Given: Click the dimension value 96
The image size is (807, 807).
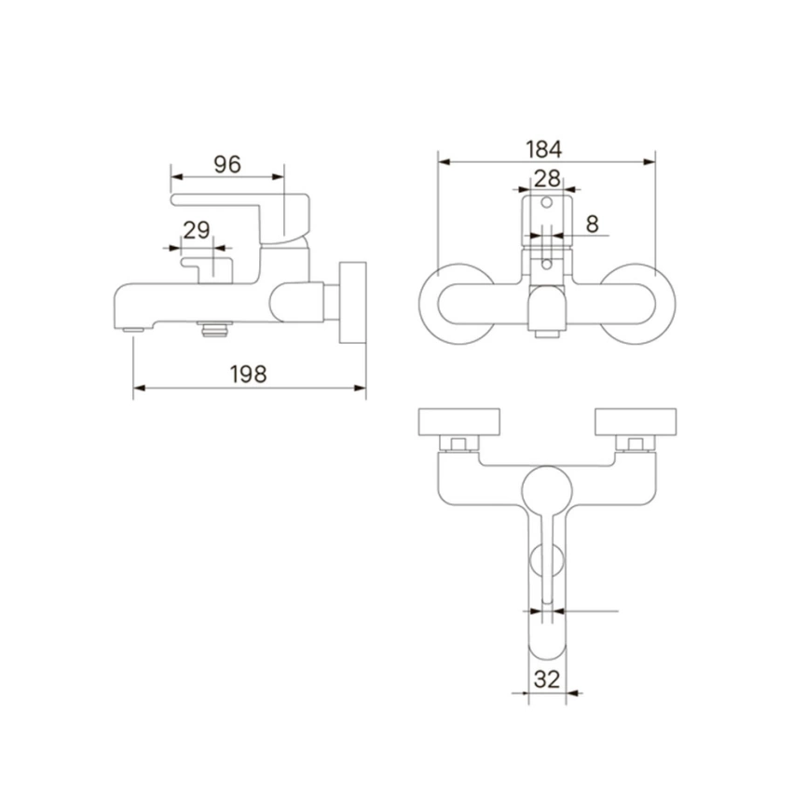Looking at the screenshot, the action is (x=227, y=164).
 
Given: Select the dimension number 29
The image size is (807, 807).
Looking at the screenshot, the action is (x=197, y=230).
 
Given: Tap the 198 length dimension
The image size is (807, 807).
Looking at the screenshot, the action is (x=248, y=375).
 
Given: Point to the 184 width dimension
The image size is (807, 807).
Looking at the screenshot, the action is (x=544, y=149).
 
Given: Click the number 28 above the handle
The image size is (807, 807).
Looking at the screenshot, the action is (x=547, y=179).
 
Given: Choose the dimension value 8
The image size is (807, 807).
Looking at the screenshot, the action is (x=593, y=224).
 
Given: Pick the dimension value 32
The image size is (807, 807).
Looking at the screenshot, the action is (x=547, y=679).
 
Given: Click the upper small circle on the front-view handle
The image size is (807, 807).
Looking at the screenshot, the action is (x=547, y=203).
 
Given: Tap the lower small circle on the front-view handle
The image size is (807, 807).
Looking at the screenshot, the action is (x=547, y=265).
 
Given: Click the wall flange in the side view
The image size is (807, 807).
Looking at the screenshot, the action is (x=352, y=303).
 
